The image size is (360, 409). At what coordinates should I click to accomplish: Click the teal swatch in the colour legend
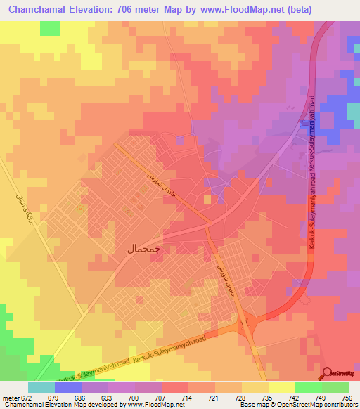41,387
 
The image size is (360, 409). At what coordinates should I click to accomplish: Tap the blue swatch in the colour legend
67,387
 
